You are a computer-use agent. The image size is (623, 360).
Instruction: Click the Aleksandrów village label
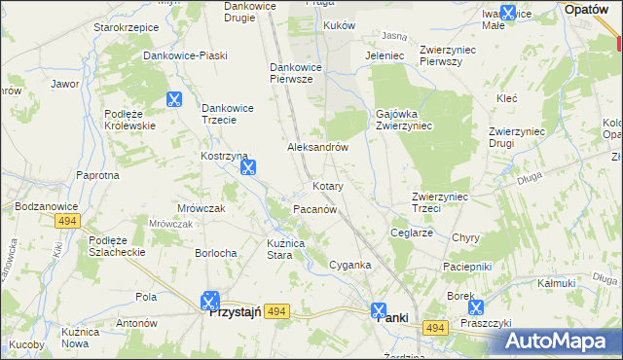click(317, 147)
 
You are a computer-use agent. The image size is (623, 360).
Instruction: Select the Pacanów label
click(314, 209)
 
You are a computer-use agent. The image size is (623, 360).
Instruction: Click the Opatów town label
click(588, 8)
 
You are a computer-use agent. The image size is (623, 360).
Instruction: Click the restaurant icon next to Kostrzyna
click(248, 168)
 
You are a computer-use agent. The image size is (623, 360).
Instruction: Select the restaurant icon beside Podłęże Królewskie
click(173, 98)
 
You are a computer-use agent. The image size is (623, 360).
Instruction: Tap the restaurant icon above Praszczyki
click(476, 307)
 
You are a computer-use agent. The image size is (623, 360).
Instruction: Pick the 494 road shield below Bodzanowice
click(67, 222)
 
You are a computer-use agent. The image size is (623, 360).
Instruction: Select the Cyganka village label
click(350, 265)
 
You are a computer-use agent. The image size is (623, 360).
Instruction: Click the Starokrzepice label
click(126, 27)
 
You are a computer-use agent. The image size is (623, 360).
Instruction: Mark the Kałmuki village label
click(556, 283)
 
